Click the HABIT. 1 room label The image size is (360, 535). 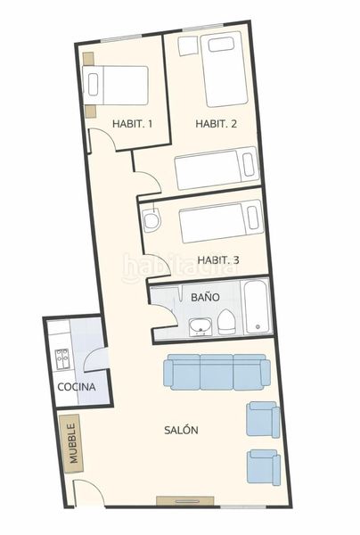pyautogui.click(x=132, y=124)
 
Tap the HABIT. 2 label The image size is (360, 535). pyautogui.click(x=217, y=124)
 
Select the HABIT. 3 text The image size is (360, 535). pyautogui.click(x=218, y=260)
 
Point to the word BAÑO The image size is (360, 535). pyautogui.click(x=205, y=297)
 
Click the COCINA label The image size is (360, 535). pyautogui.click(x=77, y=387)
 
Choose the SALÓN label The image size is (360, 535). pyautogui.click(x=181, y=430)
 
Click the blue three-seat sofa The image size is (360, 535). pyautogui.click(x=217, y=372)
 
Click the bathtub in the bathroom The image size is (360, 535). pyautogui.click(x=258, y=307)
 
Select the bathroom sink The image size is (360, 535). pyautogui.click(x=200, y=327)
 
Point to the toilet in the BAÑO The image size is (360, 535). pyautogui.click(x=226, y=322)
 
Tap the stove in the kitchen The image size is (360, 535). pyautogui.click(x=62, y=359)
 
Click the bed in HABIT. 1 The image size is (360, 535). pyautogui.click(x=116, y=86)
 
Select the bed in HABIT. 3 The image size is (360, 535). pyautogui.click(x=222, y=221)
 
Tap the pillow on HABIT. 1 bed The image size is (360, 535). pyautogui.click(x=94, y=85)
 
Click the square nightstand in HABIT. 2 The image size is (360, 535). pyautogui.click(x=188, y=45)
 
